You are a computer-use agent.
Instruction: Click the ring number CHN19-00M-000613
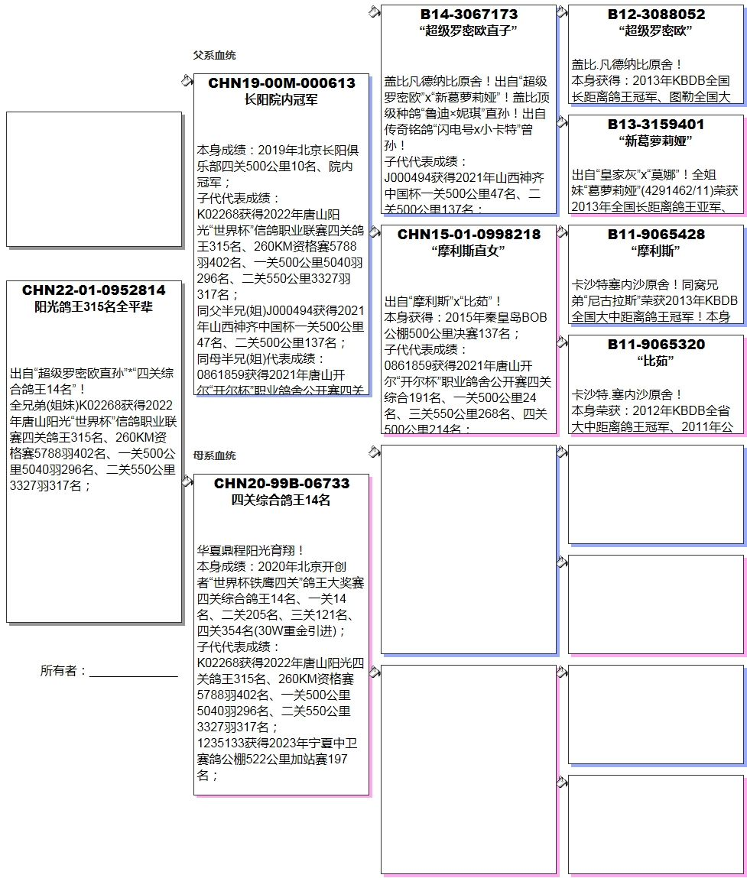[281, 83]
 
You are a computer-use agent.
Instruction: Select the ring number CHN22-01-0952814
[93, 290]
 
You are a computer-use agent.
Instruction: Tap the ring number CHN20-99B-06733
[281, 484]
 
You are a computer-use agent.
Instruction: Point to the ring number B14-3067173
[469, 15]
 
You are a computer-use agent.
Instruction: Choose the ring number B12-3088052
[656, 15]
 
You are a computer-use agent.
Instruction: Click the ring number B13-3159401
[656, 125]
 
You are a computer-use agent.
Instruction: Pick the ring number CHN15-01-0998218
[469, 235]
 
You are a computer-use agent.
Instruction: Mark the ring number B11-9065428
[656, 235]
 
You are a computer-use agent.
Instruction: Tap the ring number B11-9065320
[656, 345]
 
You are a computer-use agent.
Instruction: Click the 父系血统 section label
[214, 55]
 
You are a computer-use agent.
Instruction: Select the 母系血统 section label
[214, 455]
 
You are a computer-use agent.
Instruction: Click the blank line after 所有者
[134, 672]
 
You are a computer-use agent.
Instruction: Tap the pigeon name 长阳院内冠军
[281, 99]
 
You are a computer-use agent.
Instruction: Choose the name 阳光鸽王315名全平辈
[93, 307]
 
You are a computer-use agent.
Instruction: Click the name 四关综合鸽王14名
[281, 501]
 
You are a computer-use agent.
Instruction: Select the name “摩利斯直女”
[469, 251]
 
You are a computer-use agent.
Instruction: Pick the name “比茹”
[656, 361]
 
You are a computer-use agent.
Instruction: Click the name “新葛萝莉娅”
[656, 141]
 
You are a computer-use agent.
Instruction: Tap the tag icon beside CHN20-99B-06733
[187, 481]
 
